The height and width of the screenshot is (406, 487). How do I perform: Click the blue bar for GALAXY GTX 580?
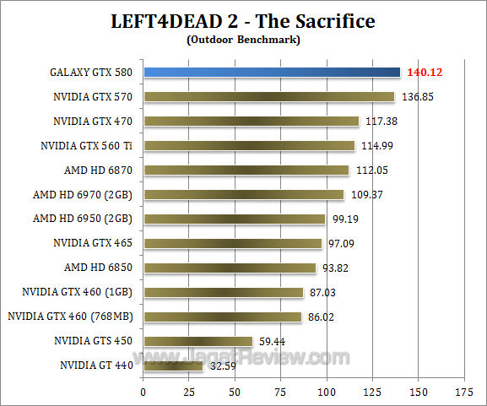271,73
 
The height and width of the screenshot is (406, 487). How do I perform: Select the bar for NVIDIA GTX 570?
268,97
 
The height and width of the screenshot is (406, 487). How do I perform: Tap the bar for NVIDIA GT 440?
173,365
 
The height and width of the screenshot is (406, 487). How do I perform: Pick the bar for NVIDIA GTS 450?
198,341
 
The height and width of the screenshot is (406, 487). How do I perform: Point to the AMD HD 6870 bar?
246,171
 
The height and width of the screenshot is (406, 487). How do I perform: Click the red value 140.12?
425,73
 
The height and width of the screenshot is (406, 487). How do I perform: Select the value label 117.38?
382,122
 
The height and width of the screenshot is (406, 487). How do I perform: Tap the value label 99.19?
347,219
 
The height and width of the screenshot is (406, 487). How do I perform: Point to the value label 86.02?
323,317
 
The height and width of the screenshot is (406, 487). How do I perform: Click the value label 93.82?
338,268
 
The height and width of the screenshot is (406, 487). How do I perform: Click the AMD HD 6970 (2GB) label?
83,195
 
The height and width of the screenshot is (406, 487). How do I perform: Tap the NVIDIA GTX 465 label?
92,244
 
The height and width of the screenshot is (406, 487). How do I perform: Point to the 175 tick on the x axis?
463,392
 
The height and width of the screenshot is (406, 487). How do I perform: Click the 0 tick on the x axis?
143,392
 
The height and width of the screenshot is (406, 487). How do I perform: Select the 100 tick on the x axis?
326,392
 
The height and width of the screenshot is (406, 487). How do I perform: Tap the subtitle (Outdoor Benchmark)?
244,38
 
